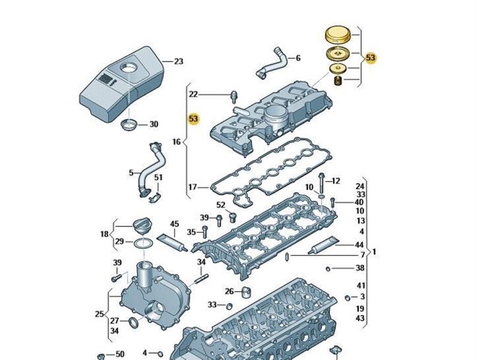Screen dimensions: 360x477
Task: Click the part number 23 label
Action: [178, 61]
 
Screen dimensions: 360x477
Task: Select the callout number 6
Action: [298, 58]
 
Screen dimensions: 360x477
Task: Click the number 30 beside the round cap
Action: [154, 125]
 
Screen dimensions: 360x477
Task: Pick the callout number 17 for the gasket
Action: [193, 188]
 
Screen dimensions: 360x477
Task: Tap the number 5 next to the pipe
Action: [131, 173]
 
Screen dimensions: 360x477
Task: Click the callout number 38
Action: [360, 268]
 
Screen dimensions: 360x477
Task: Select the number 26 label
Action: [229, 292]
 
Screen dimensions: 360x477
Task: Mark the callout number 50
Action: [119, 355]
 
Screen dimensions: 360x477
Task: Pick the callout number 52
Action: [220, 205]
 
